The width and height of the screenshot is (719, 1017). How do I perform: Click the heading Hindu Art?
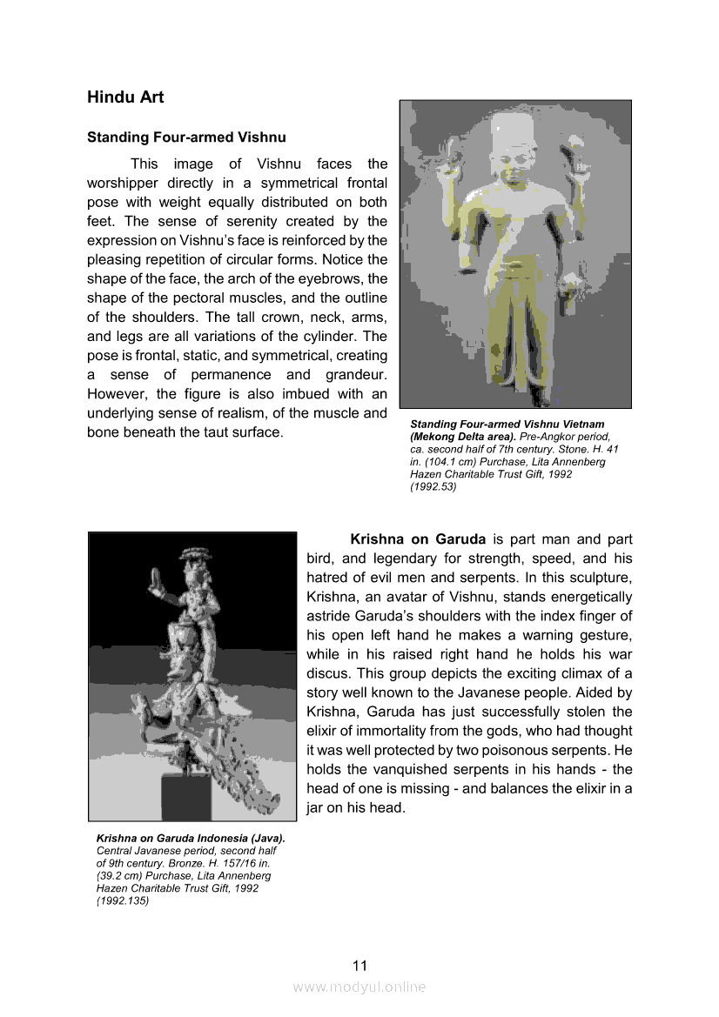point(125,97)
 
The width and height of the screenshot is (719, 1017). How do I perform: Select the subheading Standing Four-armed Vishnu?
point(186,137)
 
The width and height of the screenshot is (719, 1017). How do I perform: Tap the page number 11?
point(360,966)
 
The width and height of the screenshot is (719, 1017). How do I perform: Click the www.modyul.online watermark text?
point(359,987)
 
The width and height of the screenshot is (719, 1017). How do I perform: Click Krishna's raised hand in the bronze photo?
point(159,579)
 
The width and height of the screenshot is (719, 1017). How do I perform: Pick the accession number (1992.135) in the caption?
point(123,901)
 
